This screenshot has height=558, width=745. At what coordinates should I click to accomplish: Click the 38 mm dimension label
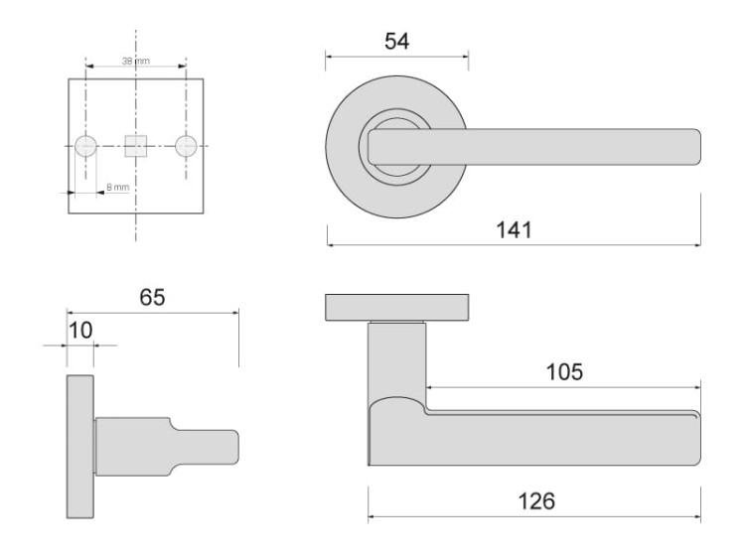click(x=134, y=61)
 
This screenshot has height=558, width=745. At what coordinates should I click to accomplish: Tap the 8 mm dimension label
click(x=117, y=187)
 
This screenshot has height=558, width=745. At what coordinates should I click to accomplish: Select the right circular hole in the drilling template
click(x=185, y=146)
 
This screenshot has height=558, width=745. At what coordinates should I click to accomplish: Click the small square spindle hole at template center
click(x=135, y=146)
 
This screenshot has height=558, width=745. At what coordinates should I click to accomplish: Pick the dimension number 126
click(x=534, y=500)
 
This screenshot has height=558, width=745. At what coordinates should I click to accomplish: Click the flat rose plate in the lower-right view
click(x=397, y=308)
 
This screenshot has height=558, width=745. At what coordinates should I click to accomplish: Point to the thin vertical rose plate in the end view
click(x=80, y=447)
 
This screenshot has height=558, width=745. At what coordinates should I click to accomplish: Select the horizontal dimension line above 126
click(x=534, y=517)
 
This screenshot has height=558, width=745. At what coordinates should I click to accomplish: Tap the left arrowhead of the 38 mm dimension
click(x=90, y=68)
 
